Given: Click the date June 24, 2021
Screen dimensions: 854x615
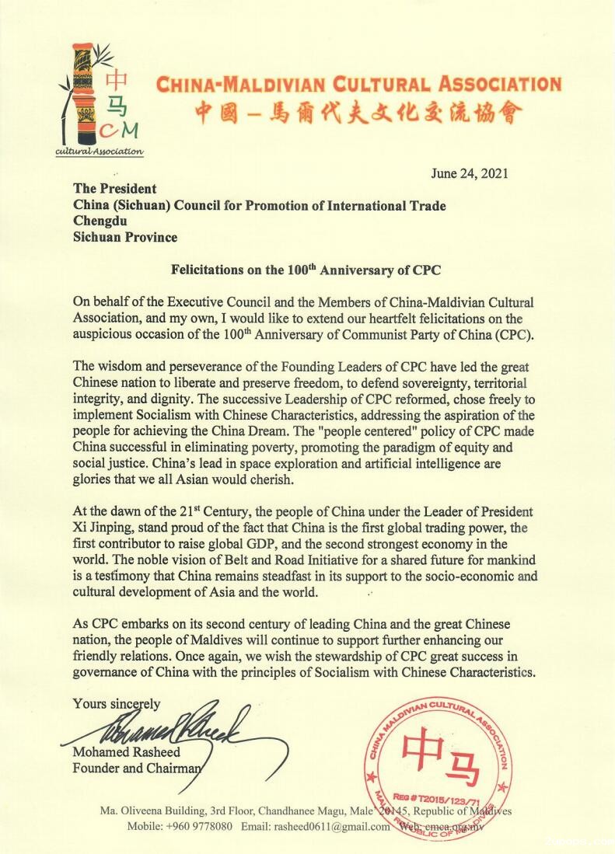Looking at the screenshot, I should [469, 173].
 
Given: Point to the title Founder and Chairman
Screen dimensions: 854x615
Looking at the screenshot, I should [136, 769].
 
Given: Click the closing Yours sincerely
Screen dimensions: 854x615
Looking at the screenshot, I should [117, 704].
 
